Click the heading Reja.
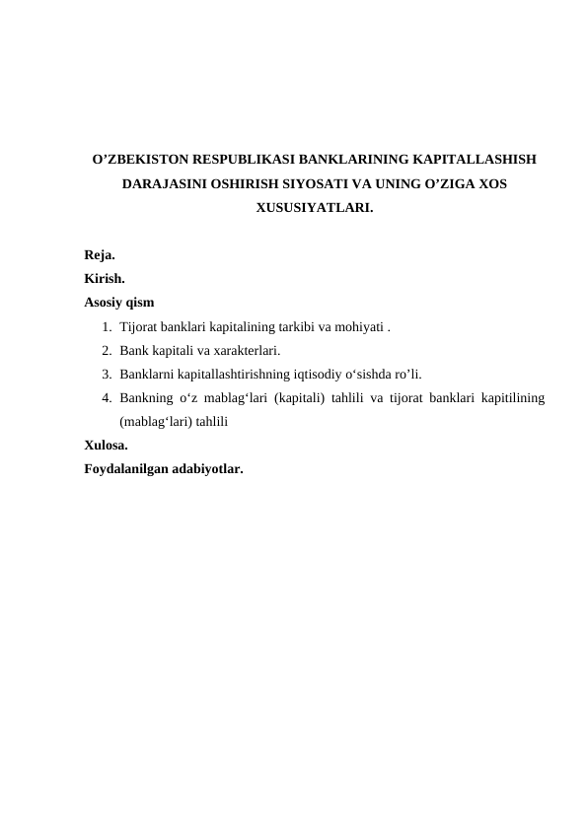pyautogui.click(x=100, y=255)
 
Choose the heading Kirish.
pyautogui.click(x=105, y=279)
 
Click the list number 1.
pyautogui.click(x=105, y=326)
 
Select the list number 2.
pyautogui.click(x=105, y=350)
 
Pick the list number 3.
pyautogui.click(x=105, y=374)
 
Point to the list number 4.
pyautogui.click(x=105, y=397)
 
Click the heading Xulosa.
pyautogui.click(x=106, y=445)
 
